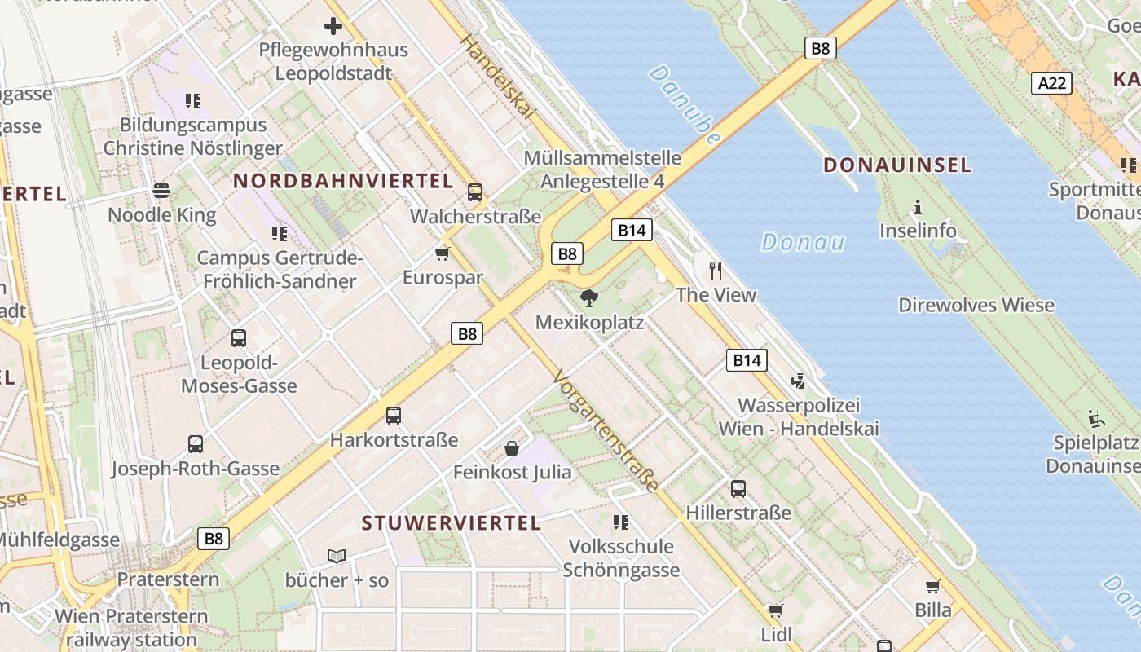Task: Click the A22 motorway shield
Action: (1051, 82)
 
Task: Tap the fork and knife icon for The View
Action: (716, 270)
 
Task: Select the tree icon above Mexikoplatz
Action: (589, 298)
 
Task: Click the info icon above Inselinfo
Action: (918, 207)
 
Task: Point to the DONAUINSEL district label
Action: (896, 165)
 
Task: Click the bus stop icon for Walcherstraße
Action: (475, 192)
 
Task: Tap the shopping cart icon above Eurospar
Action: (443, 253)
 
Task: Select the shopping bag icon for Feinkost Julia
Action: (512, 447)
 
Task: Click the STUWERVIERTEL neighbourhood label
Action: (451, 523)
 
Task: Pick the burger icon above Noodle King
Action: (161, 191)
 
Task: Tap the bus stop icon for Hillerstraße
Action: (738, 488)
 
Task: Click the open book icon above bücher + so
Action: (337, 556)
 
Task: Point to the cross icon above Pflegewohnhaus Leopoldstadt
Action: (333, 26)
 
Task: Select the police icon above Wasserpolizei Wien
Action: (798, 381)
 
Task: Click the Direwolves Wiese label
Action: (976, 306)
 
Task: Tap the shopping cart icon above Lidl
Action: (776, 610)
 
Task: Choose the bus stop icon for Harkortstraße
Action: (394, 416)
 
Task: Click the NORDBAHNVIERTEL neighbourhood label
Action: (342, 181)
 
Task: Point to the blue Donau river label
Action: (802, 242)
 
